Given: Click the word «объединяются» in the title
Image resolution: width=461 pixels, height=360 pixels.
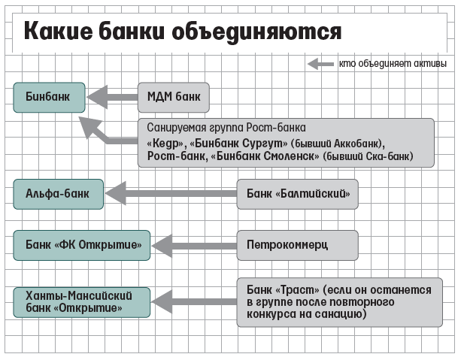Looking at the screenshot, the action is point(256,32).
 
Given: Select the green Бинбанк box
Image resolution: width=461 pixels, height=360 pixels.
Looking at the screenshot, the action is point(49,97).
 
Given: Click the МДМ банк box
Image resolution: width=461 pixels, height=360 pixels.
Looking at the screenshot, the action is point(174,97).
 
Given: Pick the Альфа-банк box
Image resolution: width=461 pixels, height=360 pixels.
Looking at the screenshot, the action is point(58,194).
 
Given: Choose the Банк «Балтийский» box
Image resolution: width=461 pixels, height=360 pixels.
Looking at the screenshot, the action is point(298,194).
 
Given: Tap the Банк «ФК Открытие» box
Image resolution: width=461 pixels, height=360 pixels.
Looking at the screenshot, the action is point(82,245).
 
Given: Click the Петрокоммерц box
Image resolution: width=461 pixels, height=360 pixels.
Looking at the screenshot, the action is point(298,245).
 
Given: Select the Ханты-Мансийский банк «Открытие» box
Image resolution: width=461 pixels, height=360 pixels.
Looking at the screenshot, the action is point(82,302).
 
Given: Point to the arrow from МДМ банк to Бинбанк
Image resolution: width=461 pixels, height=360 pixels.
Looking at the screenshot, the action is point(112,97).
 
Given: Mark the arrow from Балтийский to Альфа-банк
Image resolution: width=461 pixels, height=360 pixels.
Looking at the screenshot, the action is point(171,193).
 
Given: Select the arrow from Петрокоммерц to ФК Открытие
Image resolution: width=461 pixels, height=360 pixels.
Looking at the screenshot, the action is point(194,246).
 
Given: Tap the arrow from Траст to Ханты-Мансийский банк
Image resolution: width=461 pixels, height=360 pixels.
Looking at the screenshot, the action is point(194,301).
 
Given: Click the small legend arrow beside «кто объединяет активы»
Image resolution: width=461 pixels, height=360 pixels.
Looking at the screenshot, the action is point(320,64).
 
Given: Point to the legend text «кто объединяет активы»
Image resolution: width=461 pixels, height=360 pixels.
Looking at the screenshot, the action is point(393,63).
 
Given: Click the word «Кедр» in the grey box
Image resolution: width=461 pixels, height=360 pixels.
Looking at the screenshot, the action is point(166,143).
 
